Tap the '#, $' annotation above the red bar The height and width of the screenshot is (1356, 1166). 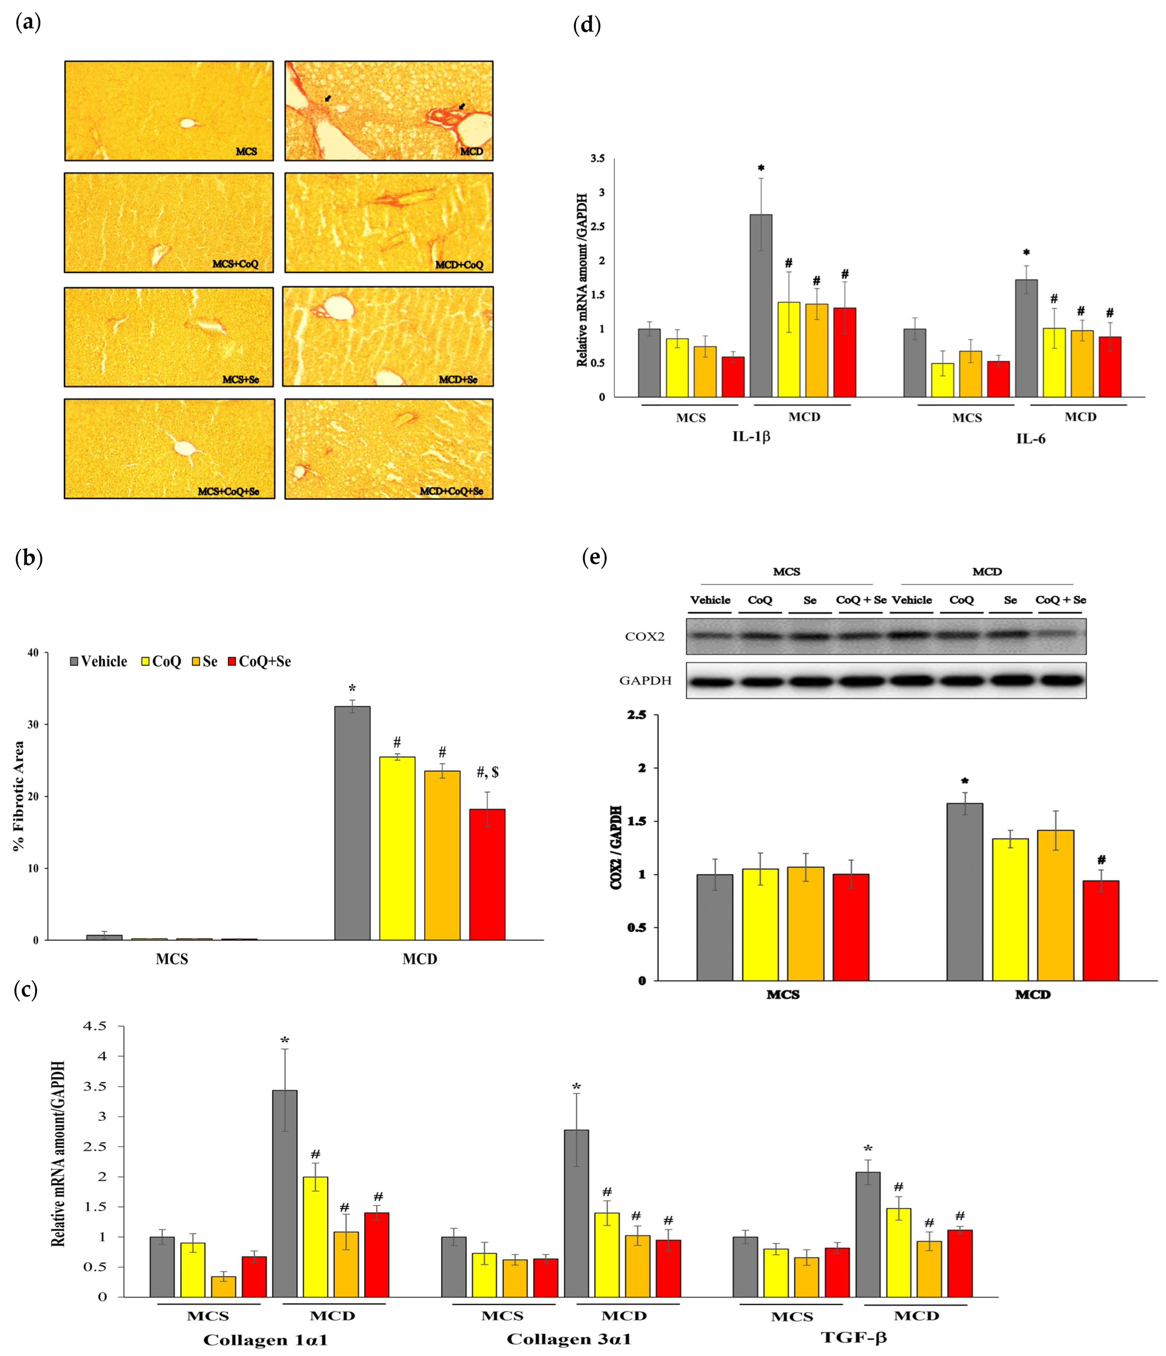pyautogui.click(x=487, y=772)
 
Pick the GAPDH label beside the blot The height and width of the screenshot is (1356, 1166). pyautogui.click(x=645, y=681)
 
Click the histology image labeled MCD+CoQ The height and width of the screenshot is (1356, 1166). pyautogui.click(x=389, y=222)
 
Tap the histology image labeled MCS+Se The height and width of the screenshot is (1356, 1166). pyautogui.click(x=169, y=337)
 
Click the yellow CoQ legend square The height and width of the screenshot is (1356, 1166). pyautogui.click(x=146, y=661)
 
